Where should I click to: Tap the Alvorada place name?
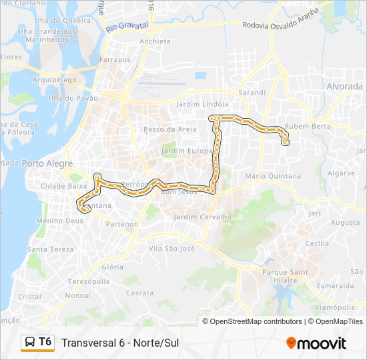[x=344, y=87]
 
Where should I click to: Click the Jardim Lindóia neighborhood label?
[x=202, y=105]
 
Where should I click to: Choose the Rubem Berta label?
[x=308, y=126]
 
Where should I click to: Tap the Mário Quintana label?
[x=273, y=176]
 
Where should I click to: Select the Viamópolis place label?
[x=334, y=307]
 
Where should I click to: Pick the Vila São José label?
[x=171, y=248]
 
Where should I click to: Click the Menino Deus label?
[x=60, y=221]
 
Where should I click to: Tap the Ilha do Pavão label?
[x=69, y=99]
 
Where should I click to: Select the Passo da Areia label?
[x=170, y=129]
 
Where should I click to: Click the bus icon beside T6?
[x=30, y=343]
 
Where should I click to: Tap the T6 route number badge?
[x=45, y=342]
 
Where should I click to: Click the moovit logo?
[x=316, y=343]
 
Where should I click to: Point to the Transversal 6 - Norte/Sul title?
[x=120, y=343]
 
